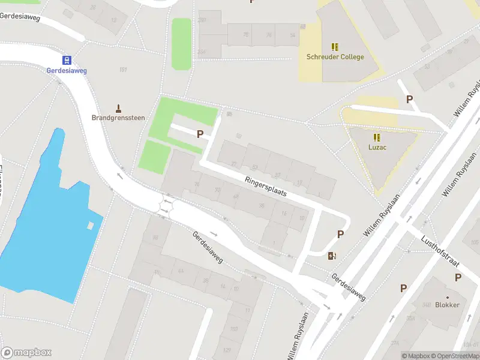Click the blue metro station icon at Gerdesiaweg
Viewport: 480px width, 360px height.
(67, 59)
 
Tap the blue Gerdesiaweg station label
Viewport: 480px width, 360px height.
(67, 71)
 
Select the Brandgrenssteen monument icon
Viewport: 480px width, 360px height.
(118, 108)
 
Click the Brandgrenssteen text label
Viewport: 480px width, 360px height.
(118, 118)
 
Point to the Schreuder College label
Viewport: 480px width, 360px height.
(335, 57)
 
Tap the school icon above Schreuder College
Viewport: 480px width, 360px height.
(335, 46)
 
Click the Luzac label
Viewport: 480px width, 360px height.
(377, 147)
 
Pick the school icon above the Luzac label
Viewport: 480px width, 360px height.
(377, 137)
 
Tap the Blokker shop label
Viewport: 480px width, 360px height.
(448, 305)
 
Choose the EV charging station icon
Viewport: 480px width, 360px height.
(332, 256)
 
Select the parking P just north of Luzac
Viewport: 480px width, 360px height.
(410, 100)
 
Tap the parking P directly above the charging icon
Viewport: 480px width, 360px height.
(340, 235)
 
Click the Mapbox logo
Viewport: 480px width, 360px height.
(26, 353)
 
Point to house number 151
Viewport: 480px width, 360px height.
(123, 70)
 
